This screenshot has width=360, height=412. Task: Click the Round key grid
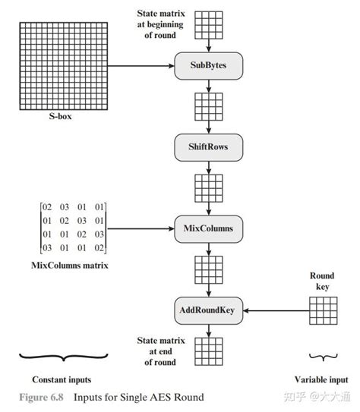(x=324, y=310)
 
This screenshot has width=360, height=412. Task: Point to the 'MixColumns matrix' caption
(x=64, y=265)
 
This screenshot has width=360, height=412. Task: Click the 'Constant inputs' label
(x=64, y=379)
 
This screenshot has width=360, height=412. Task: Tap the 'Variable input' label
(x=321, y=379)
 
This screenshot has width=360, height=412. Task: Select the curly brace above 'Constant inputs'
(x=64, y=355)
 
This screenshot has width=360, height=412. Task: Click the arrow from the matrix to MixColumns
(x=141, y=227)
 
